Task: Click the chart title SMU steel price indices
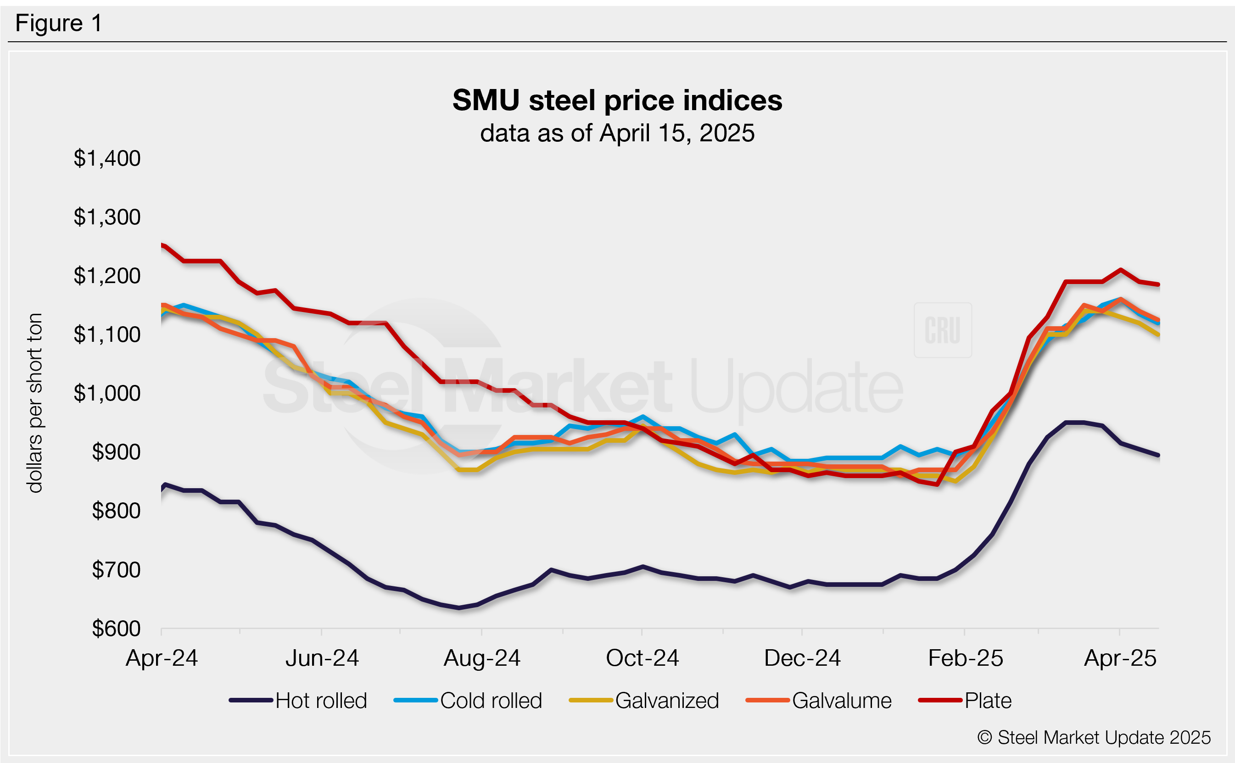(617, 100)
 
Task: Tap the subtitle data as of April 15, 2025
(617, 133)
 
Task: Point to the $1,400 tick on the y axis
(107, 158)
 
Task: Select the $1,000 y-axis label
(107, 393)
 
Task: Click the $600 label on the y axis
(116, 629)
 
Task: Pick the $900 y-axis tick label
(116, 452)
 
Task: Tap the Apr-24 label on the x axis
(162, 658)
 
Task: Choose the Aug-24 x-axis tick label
(481, 658)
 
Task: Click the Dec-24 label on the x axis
(802, 658)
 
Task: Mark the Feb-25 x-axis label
(965, 658)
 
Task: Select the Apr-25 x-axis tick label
(1120, 658)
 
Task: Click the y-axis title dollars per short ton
(35, 403)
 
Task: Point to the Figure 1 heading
(59, 23)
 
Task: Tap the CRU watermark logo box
(942, 330)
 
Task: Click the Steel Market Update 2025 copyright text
(1094, 738)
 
